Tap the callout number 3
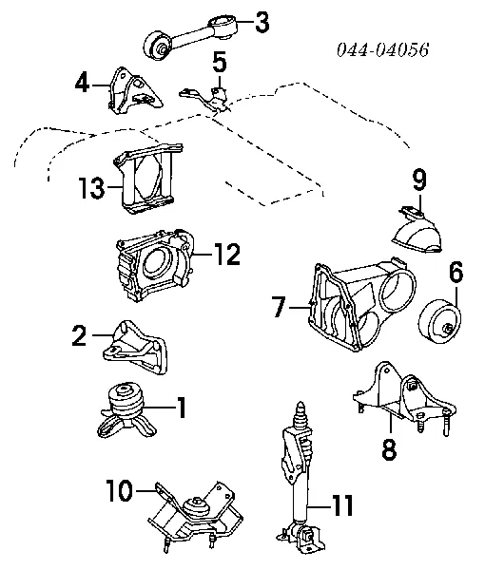(261, 19)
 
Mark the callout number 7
(279, 306)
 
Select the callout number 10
(120, 490)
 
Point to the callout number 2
(80, 333)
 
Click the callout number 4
(84, 83)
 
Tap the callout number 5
(220, 64)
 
